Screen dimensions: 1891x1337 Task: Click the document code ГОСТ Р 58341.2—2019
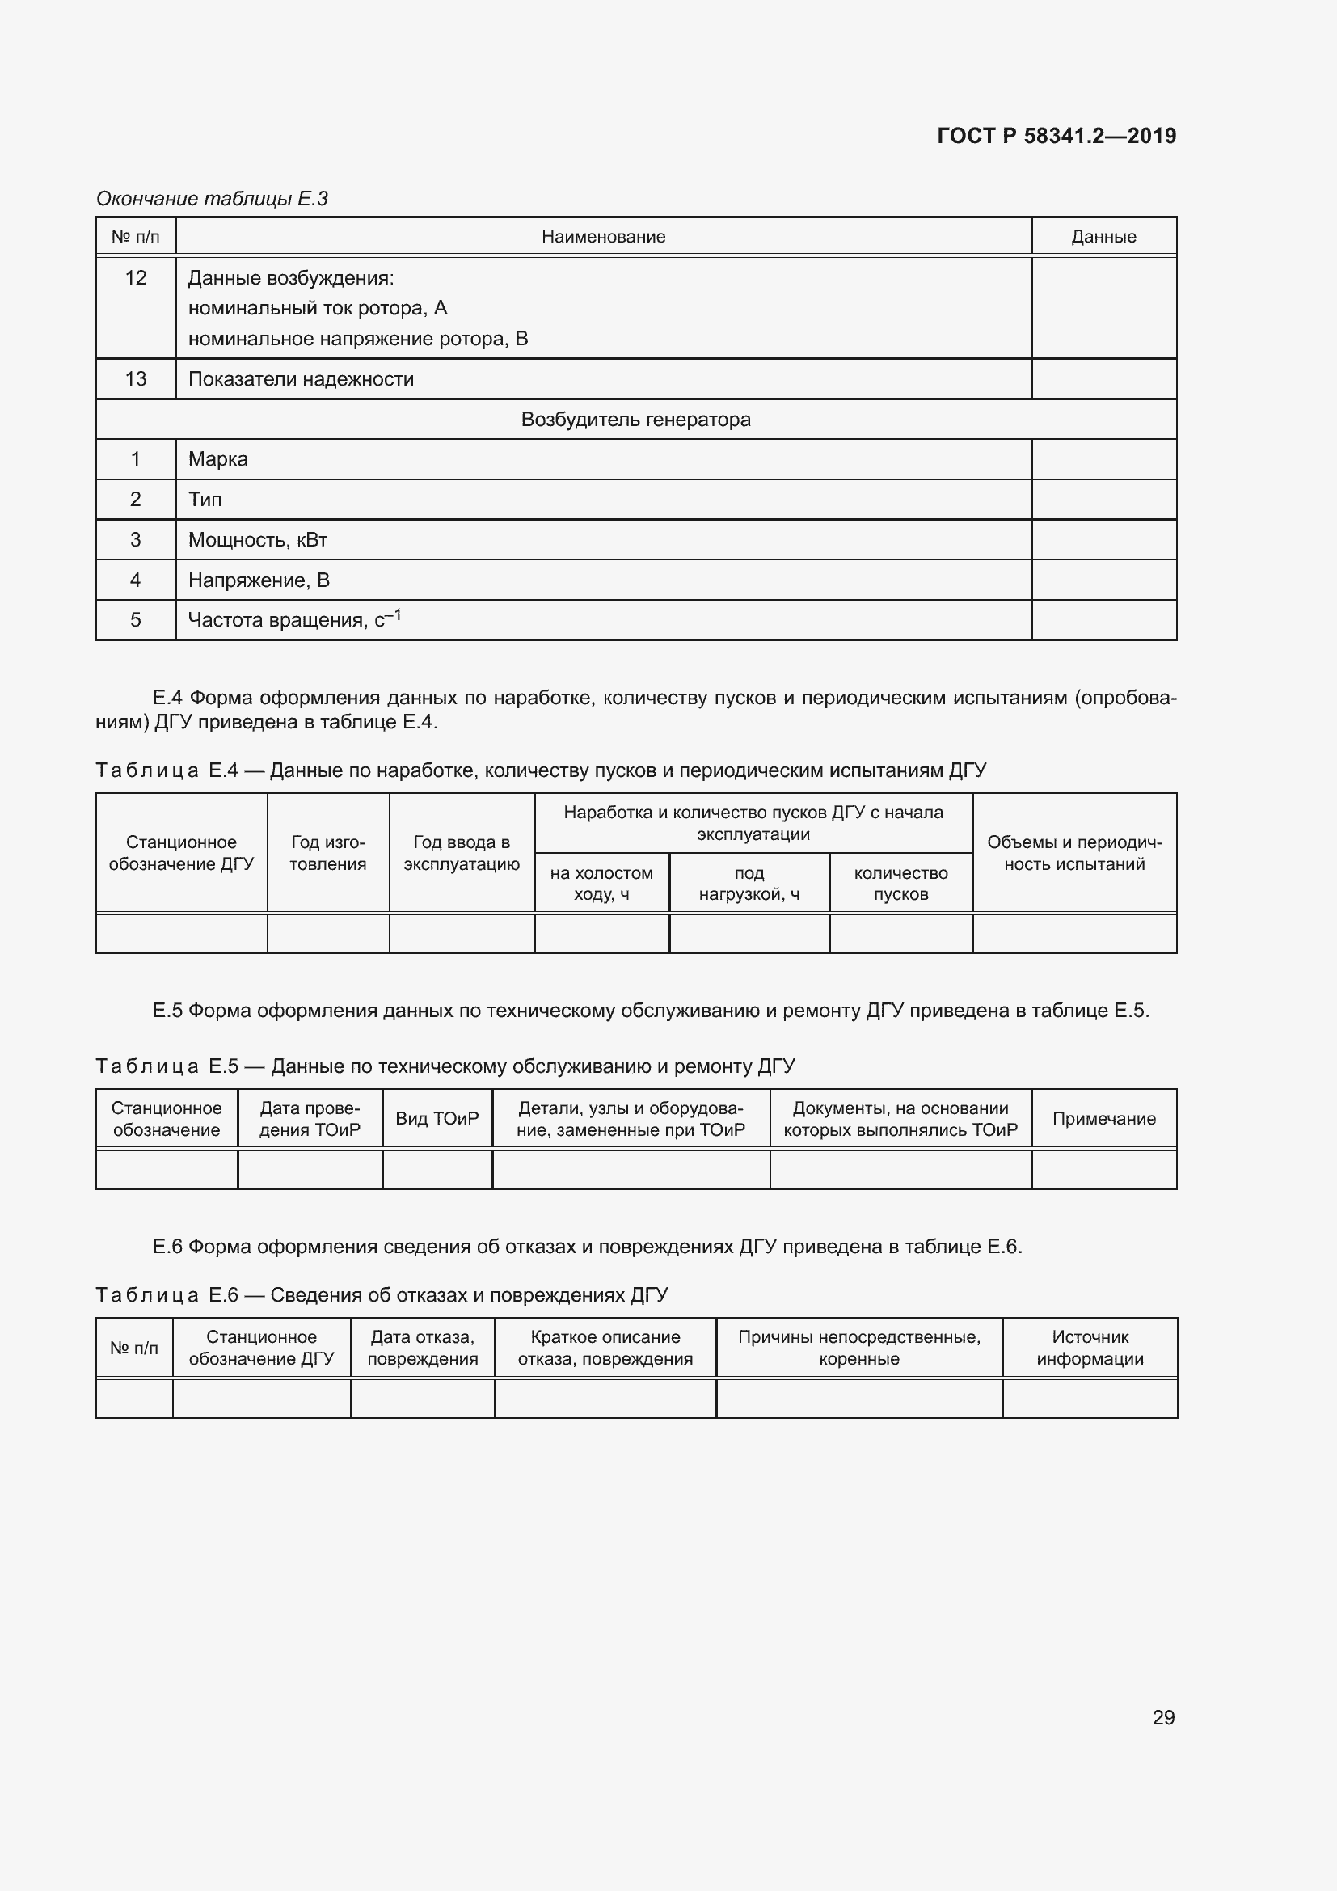pyautogui.click(x=1057, y=136)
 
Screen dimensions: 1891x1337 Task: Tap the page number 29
pyautogui.click(x=1162, y=1717)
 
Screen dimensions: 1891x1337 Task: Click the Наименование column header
pyautogui.click(x=603, y=237)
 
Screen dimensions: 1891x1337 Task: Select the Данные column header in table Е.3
pyautogui.click(x=1103, y=237)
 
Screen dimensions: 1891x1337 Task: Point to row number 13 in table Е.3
pyautogui.click(x=136, y=379)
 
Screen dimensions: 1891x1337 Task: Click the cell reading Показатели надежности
pyautogui.click(x=302, y=379)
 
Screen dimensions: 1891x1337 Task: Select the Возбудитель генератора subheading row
pyautogui.click(x=635, y=420)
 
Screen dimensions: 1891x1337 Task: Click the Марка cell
pyautogui.click(x=218, y=458)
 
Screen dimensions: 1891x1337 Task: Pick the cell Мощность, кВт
pyautogui.click(x=258, y=539)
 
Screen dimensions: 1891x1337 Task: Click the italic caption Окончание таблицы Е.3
pyautogui.click(x=213, y=199)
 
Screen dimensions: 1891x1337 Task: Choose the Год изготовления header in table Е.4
pyautogui.click(x=327, y=852)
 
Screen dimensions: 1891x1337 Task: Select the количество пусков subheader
pyautogui.click(x=900, y=883)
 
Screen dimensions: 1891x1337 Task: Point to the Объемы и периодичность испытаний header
pyautogui.click(x=1074, y=852)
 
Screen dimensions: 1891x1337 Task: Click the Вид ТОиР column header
pyautogui.click(x=437, y=1118)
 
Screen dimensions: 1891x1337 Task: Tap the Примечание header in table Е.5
pyautogui.click(x=1103, y=1118)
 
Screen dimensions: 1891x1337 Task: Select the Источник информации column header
pyautogui.click(x=1089, y=1348)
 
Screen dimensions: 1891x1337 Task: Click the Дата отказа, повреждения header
pyautogui.click(x=422, y=1348)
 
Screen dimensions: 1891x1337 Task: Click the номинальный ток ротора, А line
pyautogui.click(x=318, y=308)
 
